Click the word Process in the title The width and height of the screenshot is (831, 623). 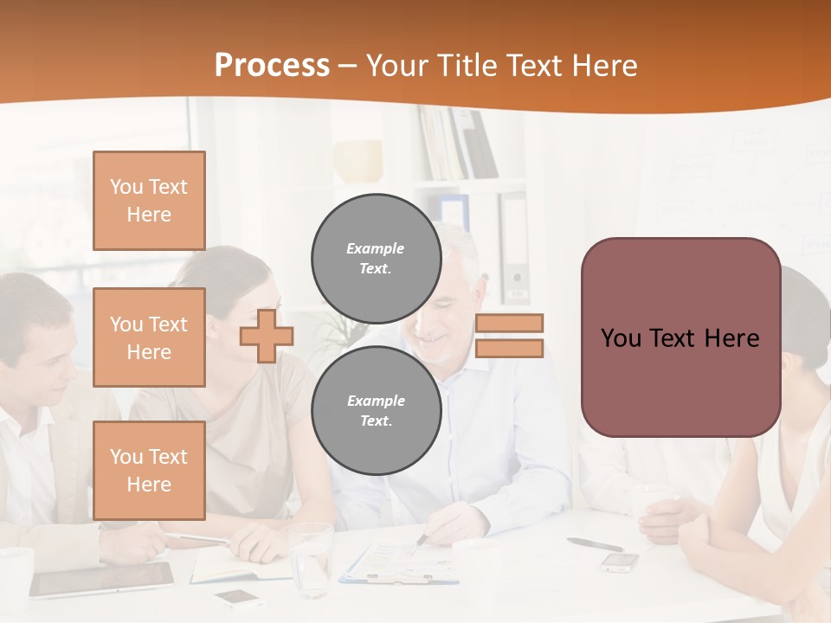[x=272, y=66]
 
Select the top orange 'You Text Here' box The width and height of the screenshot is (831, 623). [x=149, y=201]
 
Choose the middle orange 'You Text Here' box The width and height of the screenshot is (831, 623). [x=149, y=337]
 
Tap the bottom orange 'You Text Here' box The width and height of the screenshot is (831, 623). [x=149, y=471]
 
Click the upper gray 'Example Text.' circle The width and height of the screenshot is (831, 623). [x=376, y=258]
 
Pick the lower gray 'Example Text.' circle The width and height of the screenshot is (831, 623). [x=376, y=410]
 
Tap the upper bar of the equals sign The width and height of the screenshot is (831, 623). [x=509, y=323]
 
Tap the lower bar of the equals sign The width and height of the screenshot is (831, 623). [x=509, y=349]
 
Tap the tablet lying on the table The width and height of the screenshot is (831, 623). [x=102, y=579]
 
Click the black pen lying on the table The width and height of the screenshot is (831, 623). [x=595, y=544]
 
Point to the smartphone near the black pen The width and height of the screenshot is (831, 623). [x=620, y=562]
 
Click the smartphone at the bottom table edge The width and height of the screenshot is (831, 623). [x=239, y=598]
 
